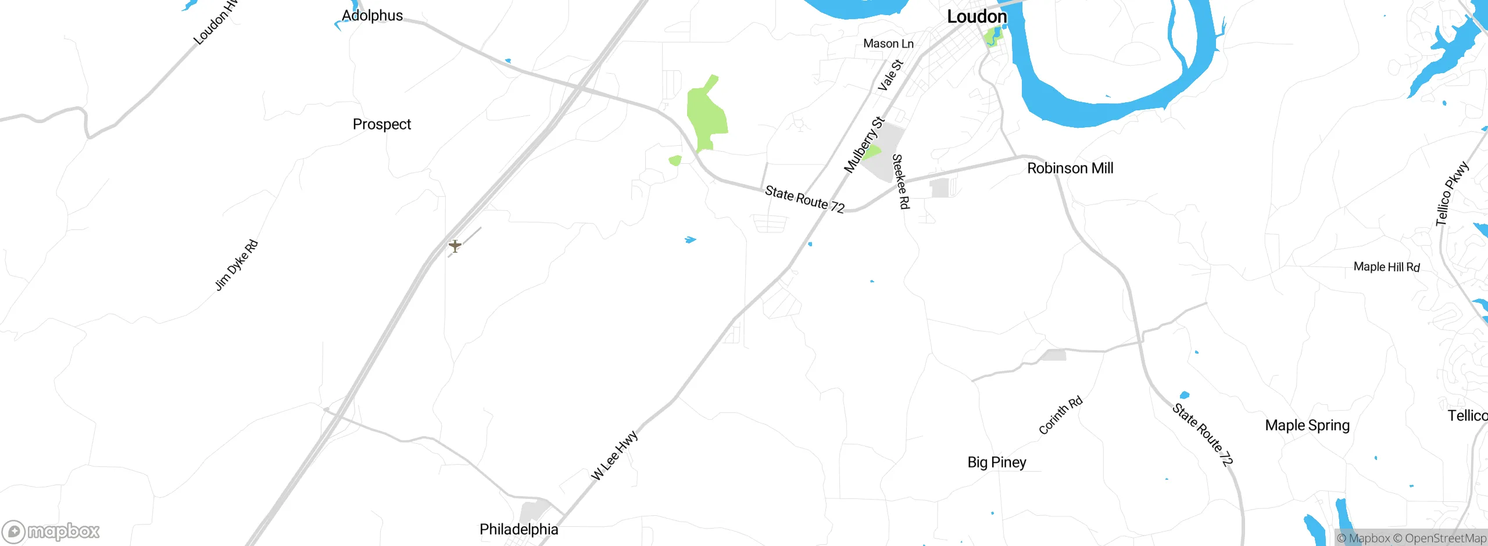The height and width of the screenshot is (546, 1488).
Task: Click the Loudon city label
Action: coord(977,17)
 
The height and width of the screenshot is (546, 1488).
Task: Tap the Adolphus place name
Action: coord(372,16)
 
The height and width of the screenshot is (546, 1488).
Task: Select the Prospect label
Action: coord(381,124)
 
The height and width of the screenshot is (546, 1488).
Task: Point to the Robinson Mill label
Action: coord(1070,168)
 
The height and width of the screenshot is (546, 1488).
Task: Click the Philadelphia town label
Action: coord(518,529)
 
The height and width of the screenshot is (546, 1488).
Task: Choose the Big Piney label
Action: coord(996,462)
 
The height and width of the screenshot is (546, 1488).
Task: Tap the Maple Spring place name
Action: coord(1307,425)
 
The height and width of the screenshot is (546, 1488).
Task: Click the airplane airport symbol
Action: coord(455,246)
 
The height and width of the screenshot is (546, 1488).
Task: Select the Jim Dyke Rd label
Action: coord(236,265)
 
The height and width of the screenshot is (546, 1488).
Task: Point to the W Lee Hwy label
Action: coord(614,455)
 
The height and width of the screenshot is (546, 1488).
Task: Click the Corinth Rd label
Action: coord(1060,415)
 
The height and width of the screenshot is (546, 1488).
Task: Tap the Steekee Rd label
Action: coord(900,181)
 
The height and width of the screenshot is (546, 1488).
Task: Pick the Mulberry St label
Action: coord(864,145)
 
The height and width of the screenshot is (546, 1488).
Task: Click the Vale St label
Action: coord(890,75)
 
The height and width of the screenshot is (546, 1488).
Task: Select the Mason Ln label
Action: coord(888,44)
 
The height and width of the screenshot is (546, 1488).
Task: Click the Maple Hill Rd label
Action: coord(1386,267)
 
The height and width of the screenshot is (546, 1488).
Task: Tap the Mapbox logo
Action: coord(51,531)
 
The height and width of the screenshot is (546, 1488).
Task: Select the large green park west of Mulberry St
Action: coord(706,116)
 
